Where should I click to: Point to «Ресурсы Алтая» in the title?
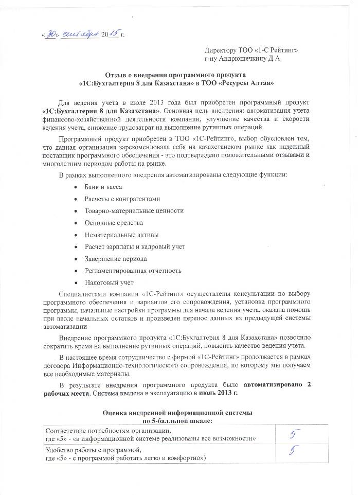(251, 83)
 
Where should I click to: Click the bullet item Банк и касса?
(103, 186)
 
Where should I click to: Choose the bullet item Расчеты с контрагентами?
(123, 199)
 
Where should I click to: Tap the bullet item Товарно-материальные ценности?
(134, 210)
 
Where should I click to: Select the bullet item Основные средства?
(114, 223)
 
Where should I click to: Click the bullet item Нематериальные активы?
(118, 235)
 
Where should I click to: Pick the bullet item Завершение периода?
(116, 259)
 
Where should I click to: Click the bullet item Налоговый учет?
(109, 282)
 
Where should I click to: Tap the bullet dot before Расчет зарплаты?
(76, 247)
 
